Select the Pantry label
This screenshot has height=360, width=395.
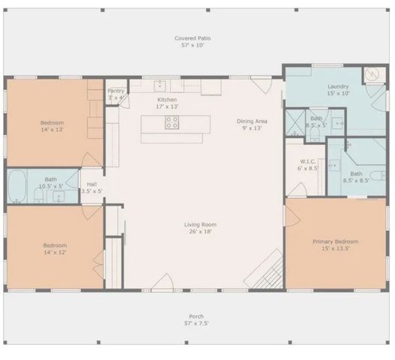115,94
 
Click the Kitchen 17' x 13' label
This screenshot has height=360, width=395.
167,103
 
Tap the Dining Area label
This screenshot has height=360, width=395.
251,124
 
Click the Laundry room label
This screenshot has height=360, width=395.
338,90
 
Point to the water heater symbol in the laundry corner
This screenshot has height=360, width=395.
373,75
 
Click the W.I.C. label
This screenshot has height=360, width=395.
308,164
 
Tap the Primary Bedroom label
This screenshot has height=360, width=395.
335,245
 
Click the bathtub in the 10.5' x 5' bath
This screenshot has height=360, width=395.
18,187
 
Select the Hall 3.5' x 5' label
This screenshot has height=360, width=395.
91,187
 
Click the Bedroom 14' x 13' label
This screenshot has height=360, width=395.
52,126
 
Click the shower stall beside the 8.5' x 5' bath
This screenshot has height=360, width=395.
296,121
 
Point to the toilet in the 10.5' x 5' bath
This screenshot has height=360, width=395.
38,196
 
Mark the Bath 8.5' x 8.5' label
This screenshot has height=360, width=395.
356,177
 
